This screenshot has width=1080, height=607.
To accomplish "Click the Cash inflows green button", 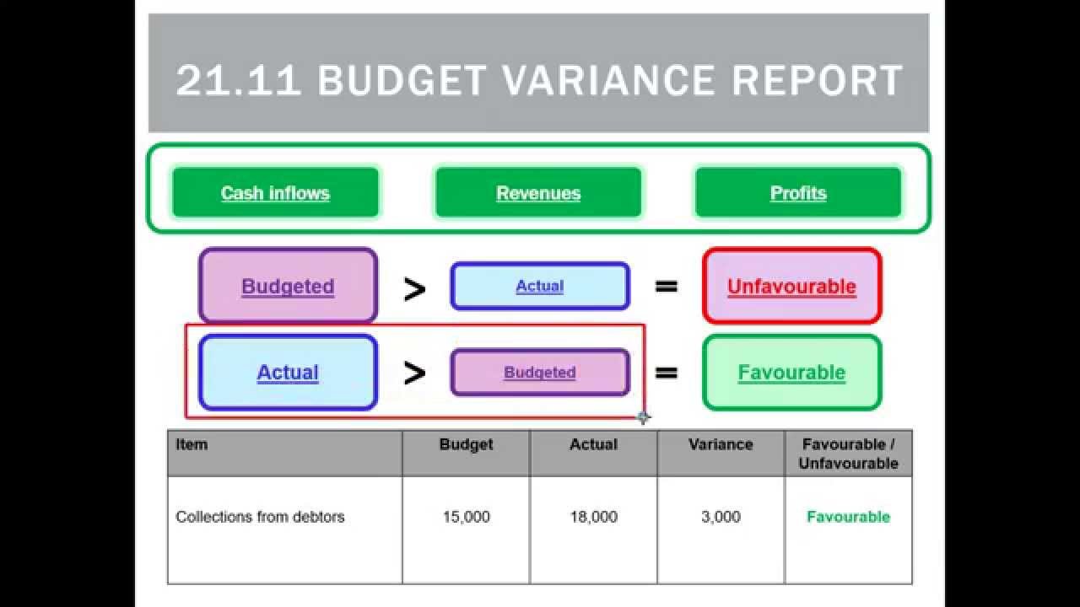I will (x=275, y=193).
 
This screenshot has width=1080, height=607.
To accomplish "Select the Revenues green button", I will (x=538, y=193).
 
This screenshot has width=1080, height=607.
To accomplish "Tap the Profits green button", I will (x=797, y=193).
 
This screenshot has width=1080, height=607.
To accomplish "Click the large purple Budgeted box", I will (x=288, y=286).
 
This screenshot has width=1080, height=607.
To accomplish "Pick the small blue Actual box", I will (x=539, y=286).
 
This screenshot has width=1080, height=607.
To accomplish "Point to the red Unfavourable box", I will (x=791, y=286).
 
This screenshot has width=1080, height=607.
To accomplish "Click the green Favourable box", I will (x=791, y=373).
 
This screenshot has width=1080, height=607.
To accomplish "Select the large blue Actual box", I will (x=288, y=373).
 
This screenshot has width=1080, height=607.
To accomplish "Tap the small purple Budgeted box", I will (x=539, y=373).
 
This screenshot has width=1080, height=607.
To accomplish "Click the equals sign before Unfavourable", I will (x=667, y=287).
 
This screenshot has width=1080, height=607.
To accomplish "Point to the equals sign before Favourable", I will (x=667, y=373).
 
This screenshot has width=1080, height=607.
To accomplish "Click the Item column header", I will (x=192, y=444).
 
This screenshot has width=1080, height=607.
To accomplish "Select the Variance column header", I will (x=721, y=444).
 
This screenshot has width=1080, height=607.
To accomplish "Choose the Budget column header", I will (x=466, y=444).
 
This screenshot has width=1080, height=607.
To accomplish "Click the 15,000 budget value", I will (x=466, y=517).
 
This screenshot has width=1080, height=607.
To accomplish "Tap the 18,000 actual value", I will (x=593, y=517).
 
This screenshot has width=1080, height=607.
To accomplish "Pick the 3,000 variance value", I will (x=721, y=517).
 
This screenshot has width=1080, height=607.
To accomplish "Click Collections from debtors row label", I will (x=260, y=517).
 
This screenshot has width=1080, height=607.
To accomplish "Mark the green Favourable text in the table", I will (x=848, y=517).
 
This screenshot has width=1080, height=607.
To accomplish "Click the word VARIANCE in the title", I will (x=608, y=80).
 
